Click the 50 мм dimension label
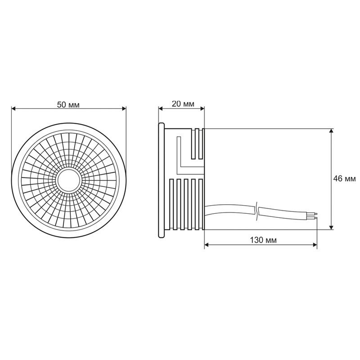(68, 104)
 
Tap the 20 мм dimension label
(183, 104)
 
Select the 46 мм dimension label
(343, 178)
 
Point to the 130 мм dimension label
(263, 239)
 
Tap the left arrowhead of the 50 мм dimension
(13, 108)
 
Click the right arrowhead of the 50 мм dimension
(123, 108)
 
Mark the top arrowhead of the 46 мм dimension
(332, 131)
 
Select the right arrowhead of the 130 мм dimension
(315, 246)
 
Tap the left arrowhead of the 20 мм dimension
(161, 108)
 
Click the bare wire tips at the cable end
(315, 216)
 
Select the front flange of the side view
(161, 179)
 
